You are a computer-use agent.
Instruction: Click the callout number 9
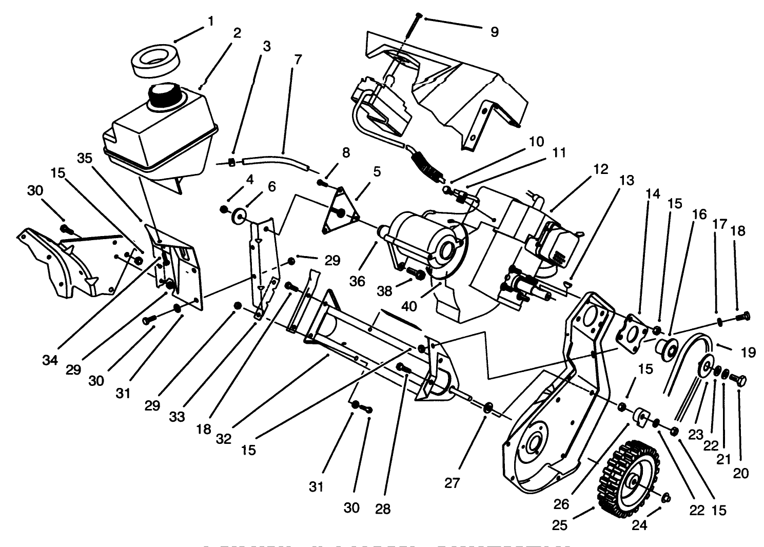(x=494, y=32)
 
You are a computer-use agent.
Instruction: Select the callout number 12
(x=601, y=169)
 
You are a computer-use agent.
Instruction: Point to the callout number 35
(x=85, y=159)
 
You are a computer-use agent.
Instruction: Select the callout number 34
(x=50, y=360)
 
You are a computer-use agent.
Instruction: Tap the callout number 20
(x=741, y=473)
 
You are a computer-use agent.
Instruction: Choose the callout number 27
(x=452, y=482)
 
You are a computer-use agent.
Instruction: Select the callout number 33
(x=177, y=417)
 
